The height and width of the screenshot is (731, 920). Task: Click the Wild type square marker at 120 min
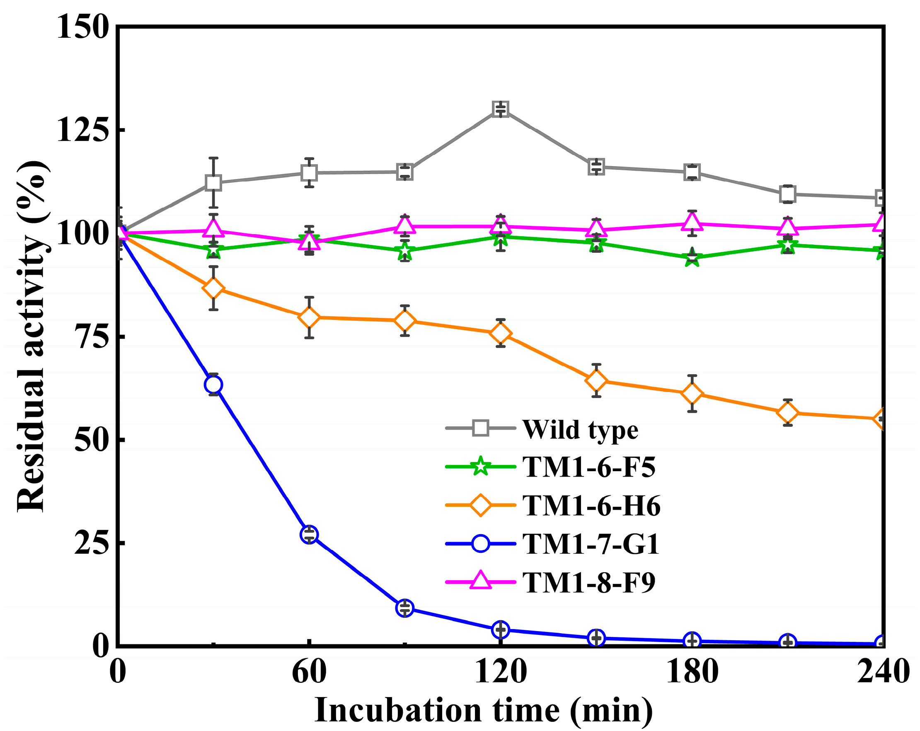(x=500, y=109)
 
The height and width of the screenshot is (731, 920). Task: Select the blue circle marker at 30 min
(x=213, y=385)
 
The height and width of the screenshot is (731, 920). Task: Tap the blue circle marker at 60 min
(x=309, y=534)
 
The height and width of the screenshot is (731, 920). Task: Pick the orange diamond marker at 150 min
(x=596, y=380)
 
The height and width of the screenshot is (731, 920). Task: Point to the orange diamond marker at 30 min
(x=213, y=288)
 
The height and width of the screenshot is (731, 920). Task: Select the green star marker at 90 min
(x=404, y=252)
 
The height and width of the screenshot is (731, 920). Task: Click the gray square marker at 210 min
(x=787, y=194)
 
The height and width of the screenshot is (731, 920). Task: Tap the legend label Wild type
(x=580, y=430)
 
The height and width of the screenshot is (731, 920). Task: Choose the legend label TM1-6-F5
(x=589, y=467)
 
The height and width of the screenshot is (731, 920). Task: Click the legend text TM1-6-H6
(x=591, y=506)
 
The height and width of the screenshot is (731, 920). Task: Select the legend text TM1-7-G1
(x=591, y=544)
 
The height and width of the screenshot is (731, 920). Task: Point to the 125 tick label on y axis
(x=81, y=130)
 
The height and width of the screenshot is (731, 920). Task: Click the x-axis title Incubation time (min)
(x=484, y=711)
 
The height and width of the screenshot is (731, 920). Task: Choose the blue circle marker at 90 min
(x=404, y=607)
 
